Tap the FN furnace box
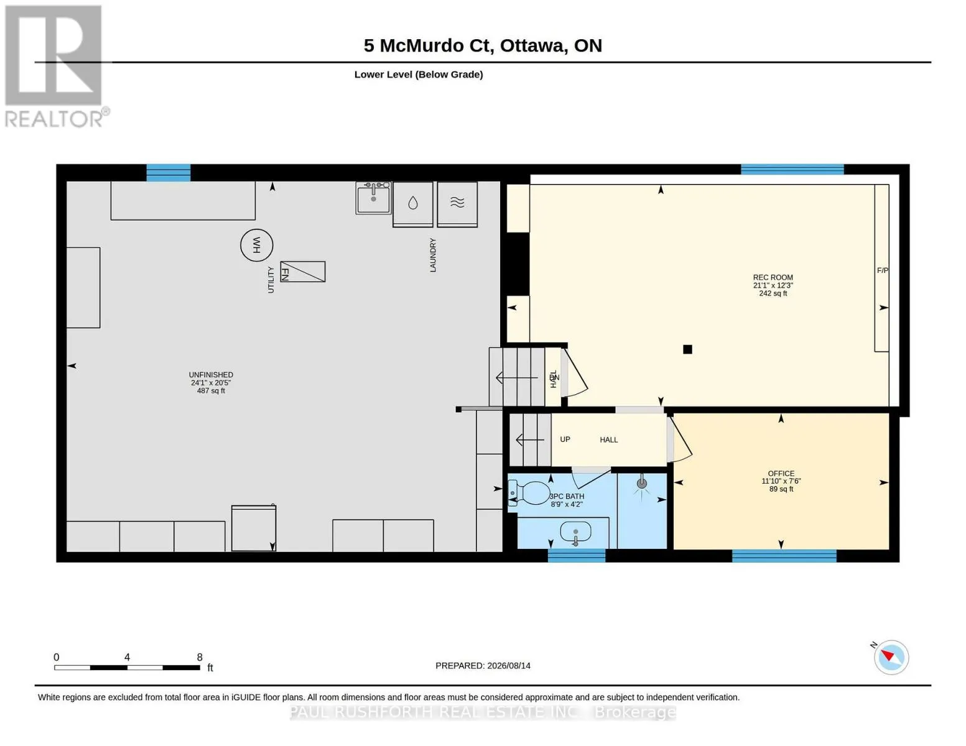pos(303,272)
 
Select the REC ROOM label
pos(773,277)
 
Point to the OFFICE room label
pos(781,474)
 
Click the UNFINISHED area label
pos(211,375)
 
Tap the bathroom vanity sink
pos(576,532)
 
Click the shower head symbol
pos(642,483)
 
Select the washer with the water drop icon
pos(413,204)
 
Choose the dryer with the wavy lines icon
pos(457,204)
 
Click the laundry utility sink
pos(373,198)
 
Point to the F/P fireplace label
pos(883,270)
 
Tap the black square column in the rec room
pos(688,349)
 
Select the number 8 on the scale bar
pos(200,657)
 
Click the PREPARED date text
pos(483,666)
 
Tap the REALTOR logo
pos(55,67)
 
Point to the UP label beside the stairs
pos(565,440)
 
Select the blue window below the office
pos(784,556)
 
